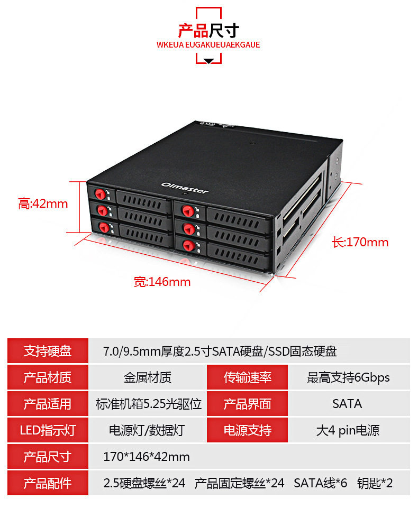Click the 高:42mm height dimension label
[43, 203]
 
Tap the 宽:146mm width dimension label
[162, 282]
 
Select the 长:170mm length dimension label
[360, 242]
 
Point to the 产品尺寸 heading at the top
[208, 30]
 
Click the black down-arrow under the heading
[208, 61]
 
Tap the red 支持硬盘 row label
[48, 351]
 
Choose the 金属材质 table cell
[147, 377]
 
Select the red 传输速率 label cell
[247, 377]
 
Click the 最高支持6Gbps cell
[348, 377]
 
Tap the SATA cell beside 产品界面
[347, 404]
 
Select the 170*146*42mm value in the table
[147, 457]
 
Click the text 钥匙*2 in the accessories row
[375, 483]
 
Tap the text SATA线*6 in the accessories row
[321, 483]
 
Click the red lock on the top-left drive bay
[100, 193]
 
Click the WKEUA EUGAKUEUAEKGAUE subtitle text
[208, 45]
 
